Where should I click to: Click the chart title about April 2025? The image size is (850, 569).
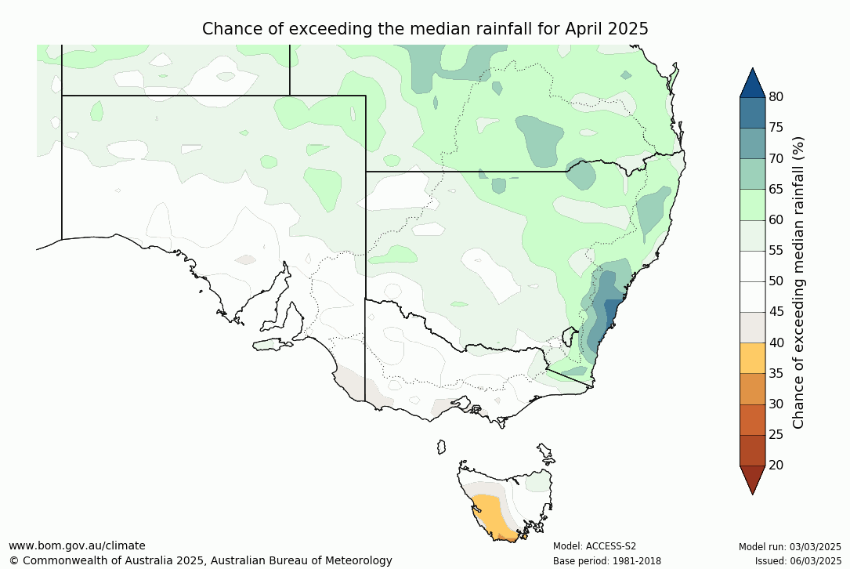[x=425, y=29]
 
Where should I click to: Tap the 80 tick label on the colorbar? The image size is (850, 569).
[x=776, y=97]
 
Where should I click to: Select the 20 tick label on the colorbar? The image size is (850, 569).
[x=776, y=465]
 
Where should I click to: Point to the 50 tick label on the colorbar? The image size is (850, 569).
[x=776, y=281]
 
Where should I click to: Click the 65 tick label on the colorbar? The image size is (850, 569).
[x=776, y=189]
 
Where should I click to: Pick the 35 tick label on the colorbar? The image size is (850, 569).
[x=776, y=373]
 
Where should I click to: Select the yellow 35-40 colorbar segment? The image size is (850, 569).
[x=752, y=357]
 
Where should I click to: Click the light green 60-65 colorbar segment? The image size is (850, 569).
[x=752, y=205]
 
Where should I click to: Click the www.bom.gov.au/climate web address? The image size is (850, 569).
[x=77, y=545]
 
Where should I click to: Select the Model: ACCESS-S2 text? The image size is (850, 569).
[x=594, y=546]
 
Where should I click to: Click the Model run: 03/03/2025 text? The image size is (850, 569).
[x=790, y=546]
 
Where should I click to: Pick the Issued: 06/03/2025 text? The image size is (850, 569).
[x=798, y=560]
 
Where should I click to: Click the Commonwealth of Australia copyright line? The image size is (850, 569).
[x=201, y=560]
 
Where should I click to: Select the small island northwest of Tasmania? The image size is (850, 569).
[x=441, y=447]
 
